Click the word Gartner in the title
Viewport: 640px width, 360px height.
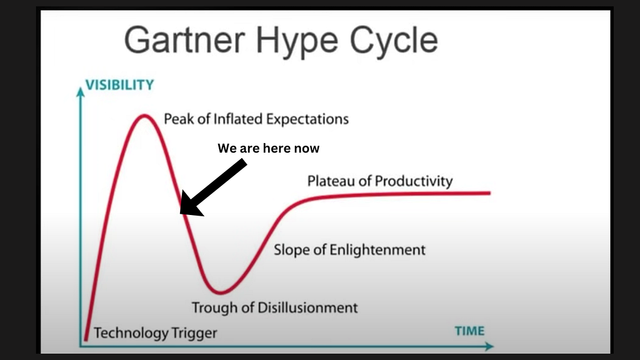coord(184,40)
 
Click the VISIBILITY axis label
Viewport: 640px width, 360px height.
coord(119,85)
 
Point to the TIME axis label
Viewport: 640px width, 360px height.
coord(470,331)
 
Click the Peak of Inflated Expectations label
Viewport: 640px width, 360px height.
coord(256,119)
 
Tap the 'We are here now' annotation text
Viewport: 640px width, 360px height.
coord(269,148)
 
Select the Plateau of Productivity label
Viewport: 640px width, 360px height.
coord(380,181)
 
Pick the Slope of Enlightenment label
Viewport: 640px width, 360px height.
coord(349,250)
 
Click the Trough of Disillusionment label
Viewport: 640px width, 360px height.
coord(275,307)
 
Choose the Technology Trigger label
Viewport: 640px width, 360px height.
coord(156,333)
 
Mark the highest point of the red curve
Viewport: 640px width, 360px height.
coord(144,116)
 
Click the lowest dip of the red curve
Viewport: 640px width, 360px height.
coord(221,292)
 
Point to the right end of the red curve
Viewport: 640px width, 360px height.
coord(489,193)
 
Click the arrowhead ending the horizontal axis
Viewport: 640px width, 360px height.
coord(489,346)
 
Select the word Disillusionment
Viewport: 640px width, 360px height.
coord(307,307)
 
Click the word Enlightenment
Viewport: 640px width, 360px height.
coord(377,250)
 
